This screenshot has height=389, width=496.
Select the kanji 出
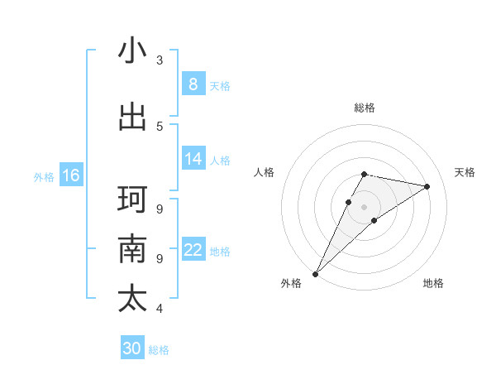click(132, 117)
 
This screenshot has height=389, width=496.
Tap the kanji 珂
click(132, 199)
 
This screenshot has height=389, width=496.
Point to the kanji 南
click(132, 249)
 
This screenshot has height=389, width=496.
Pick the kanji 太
click(132, 298)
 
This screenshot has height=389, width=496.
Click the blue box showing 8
click(193, 84)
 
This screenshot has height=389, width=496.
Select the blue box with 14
click(193, 159)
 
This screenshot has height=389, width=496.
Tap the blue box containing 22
click(193, 250)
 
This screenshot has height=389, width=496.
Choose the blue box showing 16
click(70, 175)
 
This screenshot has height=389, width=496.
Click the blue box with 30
click(132, 348)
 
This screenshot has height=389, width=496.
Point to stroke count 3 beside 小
click(160, 60)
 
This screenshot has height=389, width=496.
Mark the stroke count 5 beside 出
click(160, 126)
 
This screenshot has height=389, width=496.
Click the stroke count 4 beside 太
click(160, 309)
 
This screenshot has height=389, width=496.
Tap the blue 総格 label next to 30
click(159, 350)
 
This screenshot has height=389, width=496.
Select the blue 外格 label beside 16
click(43, 176)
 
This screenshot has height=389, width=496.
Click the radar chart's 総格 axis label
click(365, 108)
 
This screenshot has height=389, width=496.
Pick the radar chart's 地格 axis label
click(433, 284)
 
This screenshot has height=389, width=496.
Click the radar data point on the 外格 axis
click(315, 273)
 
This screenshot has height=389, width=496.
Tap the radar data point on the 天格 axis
click(427, 186)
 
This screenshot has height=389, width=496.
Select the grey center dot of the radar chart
click(365, 206)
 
